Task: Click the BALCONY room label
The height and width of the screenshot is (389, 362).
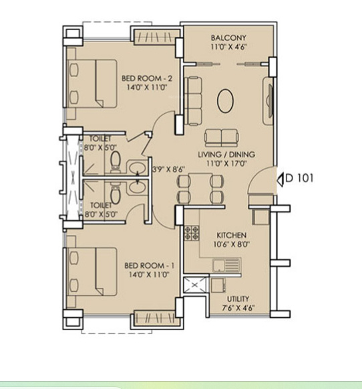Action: click(228, 38)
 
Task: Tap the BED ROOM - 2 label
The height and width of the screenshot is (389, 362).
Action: click(147, 78)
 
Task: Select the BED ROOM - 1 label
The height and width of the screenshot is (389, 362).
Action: click(149, 266)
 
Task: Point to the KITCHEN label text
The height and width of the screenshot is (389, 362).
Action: click(231, 235)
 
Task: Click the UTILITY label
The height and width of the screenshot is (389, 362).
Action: click(238, 299)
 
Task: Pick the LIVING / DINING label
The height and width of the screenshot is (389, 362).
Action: click(226, 154)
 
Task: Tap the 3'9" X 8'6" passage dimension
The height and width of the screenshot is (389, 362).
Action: click(169, 169)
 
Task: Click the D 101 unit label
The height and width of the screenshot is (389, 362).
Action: click(299, 178)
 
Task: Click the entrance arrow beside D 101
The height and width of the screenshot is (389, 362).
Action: click(280, 179)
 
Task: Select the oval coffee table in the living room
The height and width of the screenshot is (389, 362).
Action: click(225, 101)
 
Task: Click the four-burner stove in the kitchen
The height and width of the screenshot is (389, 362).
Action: click(192, 233)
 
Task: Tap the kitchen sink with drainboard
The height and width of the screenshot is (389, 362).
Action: click(226, 265)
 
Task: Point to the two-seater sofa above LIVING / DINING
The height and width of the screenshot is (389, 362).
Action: click(222, 138)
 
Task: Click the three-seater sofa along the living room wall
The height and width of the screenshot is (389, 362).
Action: click(193, 101)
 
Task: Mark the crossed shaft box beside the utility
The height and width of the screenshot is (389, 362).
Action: click(195, 285)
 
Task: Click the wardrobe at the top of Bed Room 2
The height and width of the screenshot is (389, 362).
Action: click(157, 37)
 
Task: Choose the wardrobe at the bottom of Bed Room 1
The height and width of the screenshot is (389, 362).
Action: click(157, 318)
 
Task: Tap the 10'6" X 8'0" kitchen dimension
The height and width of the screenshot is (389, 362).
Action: click(231, 244)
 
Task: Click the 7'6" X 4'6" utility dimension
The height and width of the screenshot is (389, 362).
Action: click(238, 308)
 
